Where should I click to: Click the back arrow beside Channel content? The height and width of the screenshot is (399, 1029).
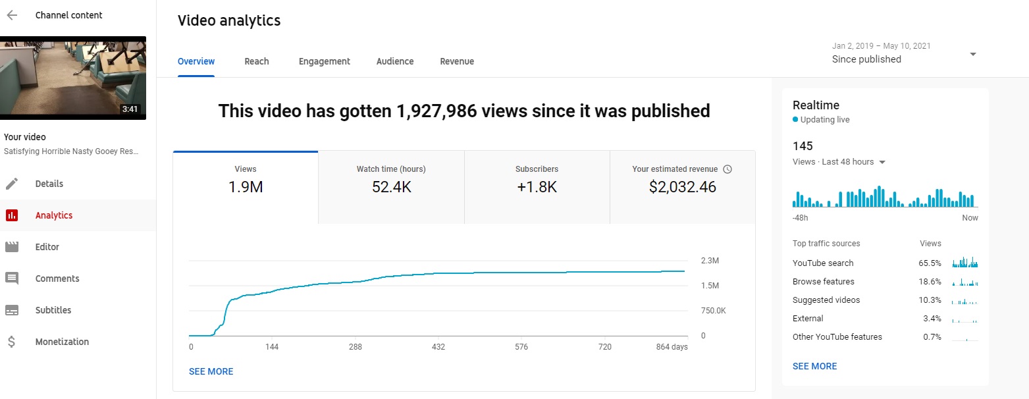coord(12,15)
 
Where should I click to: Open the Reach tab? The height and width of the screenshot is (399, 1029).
coord(256,61)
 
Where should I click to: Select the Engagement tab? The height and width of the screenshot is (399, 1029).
coord(324,61)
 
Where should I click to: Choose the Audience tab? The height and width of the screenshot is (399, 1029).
coord(395,61)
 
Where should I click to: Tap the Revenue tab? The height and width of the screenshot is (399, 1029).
coord(457,61)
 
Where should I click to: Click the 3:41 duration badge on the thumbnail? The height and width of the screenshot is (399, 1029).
coord(130,109)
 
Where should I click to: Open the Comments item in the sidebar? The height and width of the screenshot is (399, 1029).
coord(57,279)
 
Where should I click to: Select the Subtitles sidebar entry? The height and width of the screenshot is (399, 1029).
coord(53,310)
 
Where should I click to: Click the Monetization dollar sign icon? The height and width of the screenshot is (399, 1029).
coord(12,342)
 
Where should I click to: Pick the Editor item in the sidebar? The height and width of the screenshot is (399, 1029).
coord(47,247)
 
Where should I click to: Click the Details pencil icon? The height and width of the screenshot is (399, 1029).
coord(12,184)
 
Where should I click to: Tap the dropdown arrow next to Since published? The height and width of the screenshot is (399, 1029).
coord(973,55)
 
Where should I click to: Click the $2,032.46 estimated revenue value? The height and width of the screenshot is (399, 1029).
coord(682,187)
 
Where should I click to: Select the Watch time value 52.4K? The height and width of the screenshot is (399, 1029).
coord(391,187)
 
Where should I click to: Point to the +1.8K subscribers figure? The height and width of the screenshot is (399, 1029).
coord(537,187)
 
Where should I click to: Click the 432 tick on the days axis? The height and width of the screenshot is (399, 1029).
coord(438,347)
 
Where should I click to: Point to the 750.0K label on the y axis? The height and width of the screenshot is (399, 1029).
coord(713,311)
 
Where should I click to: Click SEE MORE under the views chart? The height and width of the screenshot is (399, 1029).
coord(211,371)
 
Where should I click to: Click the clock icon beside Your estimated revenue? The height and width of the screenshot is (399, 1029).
coord(727,169)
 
